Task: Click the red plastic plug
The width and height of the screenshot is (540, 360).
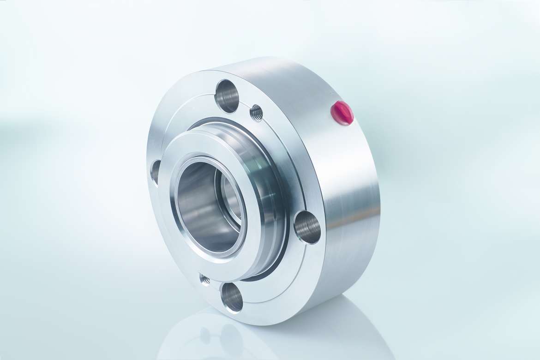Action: pos(342,113)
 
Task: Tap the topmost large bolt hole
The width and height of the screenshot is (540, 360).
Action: pos(227,96)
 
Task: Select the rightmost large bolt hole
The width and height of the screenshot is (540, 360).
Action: pos(307,227)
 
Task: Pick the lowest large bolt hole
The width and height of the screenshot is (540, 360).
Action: pos(232,298)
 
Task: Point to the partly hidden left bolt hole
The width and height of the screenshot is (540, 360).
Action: pos(155,172)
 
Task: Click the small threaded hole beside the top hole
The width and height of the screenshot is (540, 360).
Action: pos(257,112)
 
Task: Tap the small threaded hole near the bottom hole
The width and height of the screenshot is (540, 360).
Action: pos(204,279)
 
